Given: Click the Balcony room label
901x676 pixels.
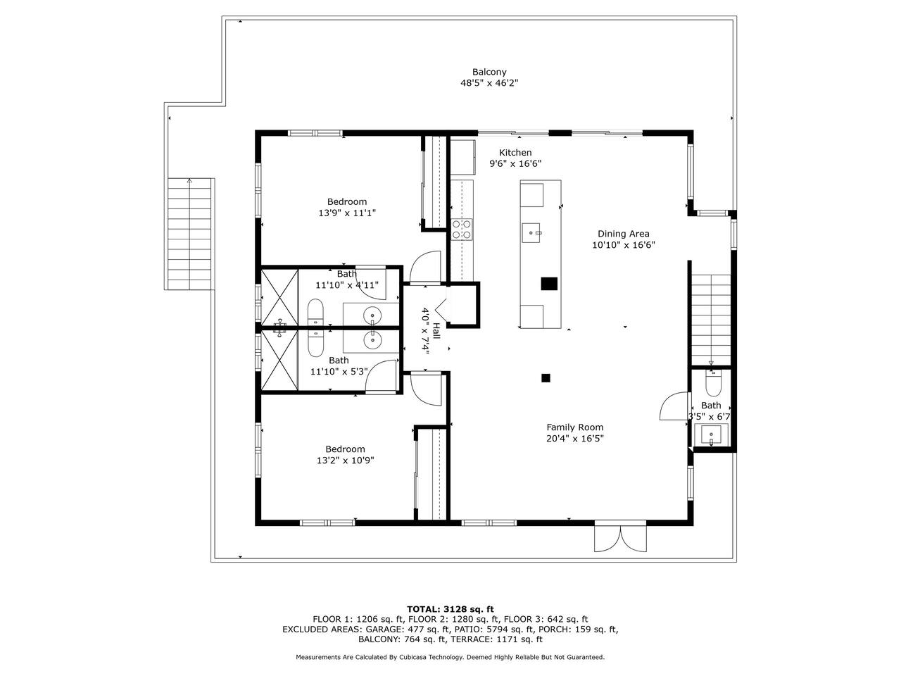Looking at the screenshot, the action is (x=489, y=73).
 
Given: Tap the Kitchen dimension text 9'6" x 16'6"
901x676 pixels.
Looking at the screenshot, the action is (x=515, y=164).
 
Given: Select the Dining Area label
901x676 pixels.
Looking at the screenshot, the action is (x=623, y=234).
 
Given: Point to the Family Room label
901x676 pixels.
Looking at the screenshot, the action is (x=574, y=427).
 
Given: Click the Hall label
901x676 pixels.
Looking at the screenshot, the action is (x=436, y=331).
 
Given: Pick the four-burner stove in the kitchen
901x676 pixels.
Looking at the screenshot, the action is (x=462, y=230).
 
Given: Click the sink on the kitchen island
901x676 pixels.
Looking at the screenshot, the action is (x=531, y=233).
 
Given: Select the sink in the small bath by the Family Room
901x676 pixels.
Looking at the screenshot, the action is (x=711, y=435).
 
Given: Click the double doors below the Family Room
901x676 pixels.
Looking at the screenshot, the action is (x=620, y=538).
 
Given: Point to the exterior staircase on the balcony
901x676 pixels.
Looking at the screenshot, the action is (x=189, y=234).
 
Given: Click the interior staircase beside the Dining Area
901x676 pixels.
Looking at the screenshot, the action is (x=712, y=319).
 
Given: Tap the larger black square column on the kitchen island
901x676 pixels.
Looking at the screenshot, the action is (x=549, y=284).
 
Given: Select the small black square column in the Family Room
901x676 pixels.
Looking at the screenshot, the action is (x=546, y=378).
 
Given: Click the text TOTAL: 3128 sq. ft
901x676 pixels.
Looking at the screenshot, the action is (x=450, y=609).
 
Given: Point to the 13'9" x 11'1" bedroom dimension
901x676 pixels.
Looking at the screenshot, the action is (x=347, y=213).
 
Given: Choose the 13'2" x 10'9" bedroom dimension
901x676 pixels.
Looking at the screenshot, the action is (x=345, y=461).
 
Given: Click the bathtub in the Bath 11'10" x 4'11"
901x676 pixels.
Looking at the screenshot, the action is (x=315, y=313).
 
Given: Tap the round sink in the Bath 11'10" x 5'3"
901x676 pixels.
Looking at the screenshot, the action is (x=372, y=340).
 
